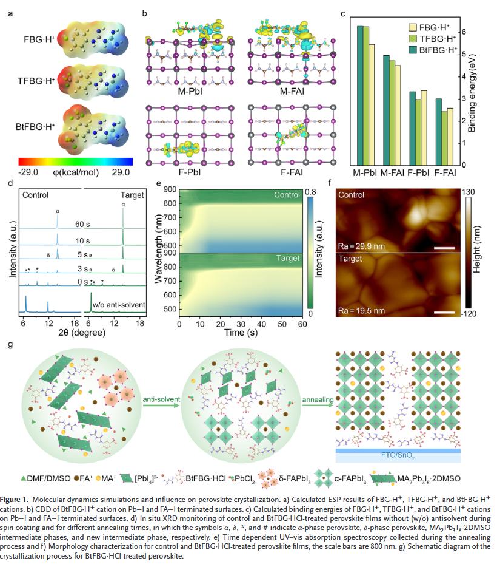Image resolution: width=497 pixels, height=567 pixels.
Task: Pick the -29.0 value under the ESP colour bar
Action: [x=29, y=172]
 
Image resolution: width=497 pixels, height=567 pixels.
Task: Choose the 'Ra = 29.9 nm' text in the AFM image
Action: [x=361, y=246]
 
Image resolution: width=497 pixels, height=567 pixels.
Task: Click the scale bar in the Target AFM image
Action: [x=444, y=312]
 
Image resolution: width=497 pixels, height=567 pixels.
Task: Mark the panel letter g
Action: [x=10, y=345]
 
